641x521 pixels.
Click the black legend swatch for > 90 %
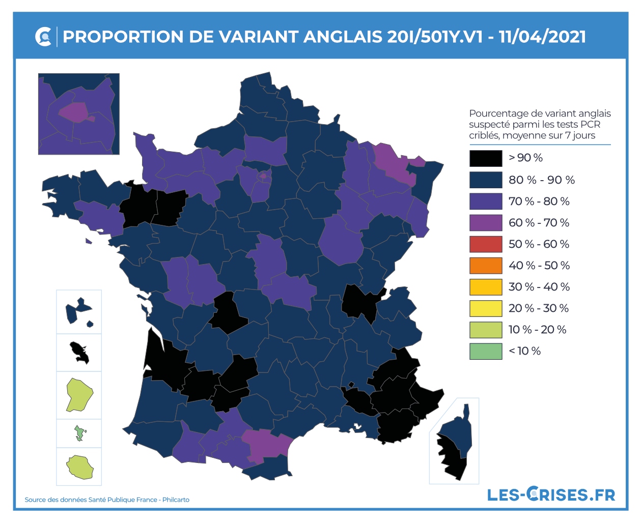(x=486, y=158)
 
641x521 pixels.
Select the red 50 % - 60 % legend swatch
(x=486, y=244)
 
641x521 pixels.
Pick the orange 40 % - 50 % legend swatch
(x=486, y=265)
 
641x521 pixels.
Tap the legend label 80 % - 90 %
(x=541, y=180)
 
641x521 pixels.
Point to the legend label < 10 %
(x=524, y=351)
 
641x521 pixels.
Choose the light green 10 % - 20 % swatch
(x=486, y=329)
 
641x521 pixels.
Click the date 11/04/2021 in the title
(x=542, y=37)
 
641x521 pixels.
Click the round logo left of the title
(x=44, y=37)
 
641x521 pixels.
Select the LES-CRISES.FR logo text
(x=551, y=494)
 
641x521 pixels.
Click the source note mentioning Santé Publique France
(x=107, y=500)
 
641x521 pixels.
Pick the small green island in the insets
(x=79, y=433)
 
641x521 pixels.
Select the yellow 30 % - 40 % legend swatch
(x=486, y=286)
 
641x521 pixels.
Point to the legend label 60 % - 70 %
(x=539, y=222)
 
